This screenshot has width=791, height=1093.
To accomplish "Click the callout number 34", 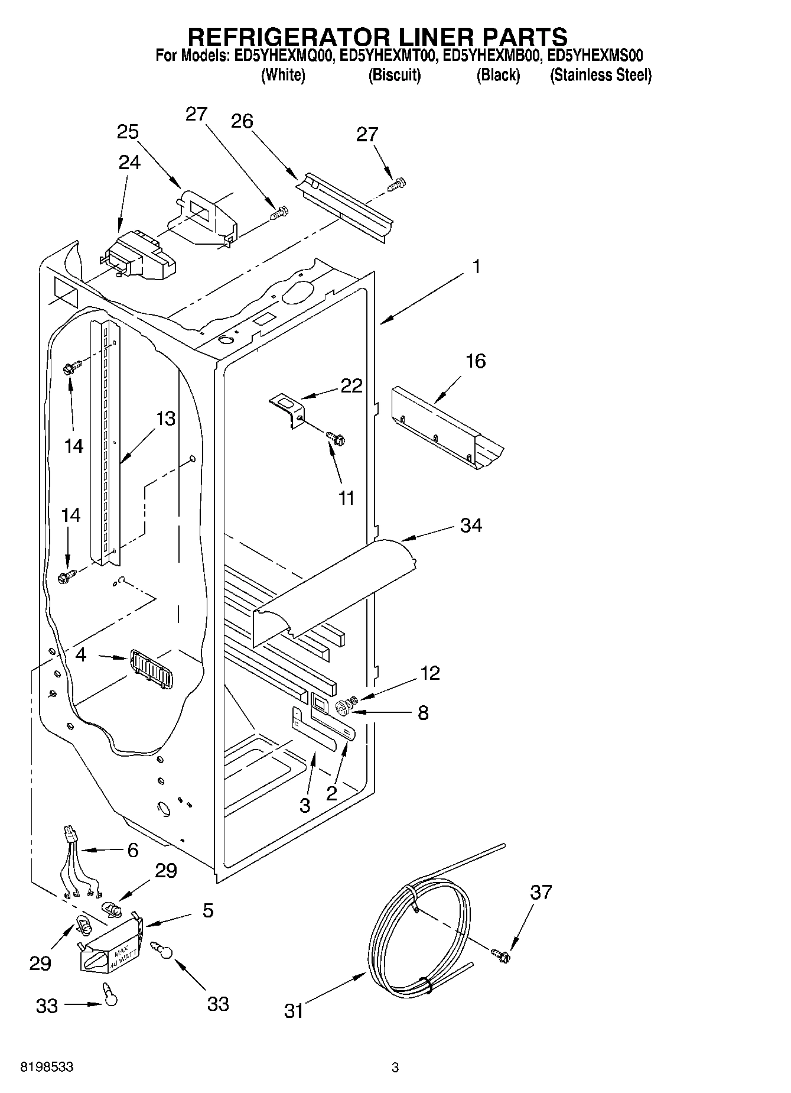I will (x=471, y=525).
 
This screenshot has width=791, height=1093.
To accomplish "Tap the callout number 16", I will (x=476, y=361).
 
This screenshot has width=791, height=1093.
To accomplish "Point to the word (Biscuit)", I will (x=394, y=75).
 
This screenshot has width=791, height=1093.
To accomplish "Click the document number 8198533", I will (x=47, y=1067).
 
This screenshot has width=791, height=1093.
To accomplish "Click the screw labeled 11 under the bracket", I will (x=336, y=438).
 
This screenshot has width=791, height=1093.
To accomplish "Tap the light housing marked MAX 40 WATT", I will (x=112, y=949).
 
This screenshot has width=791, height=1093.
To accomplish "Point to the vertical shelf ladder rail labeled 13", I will (x=105, y=443).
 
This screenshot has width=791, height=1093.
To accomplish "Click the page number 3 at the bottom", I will (x=395, y=1067).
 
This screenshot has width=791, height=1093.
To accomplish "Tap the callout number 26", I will (x=242, y=122).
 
